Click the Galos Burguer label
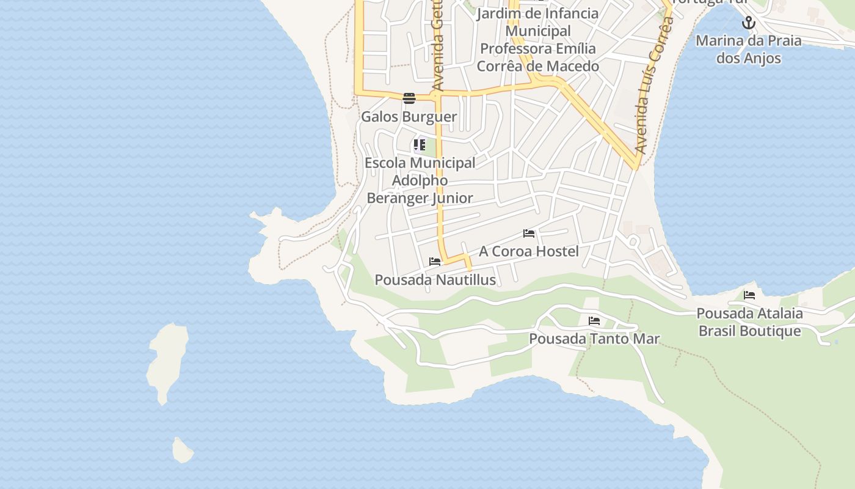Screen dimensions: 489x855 tap(409, 117)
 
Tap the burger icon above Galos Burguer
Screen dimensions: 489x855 tap(409, 98)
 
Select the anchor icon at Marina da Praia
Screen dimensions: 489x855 tap(749, 23)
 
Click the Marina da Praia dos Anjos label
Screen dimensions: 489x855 tap(748, 50)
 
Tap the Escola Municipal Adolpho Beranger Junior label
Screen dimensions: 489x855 tap(420, 180)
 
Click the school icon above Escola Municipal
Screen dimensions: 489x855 tap(419, 145)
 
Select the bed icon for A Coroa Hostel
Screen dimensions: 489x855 tap(529, 233)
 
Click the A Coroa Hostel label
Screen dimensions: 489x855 tap(529, 251)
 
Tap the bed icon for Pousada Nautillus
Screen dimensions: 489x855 tap(435, 262)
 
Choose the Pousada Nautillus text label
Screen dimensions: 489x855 tap(435, 280)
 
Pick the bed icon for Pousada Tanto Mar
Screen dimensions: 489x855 tap(594, 321)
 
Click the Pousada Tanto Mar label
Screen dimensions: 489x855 tap(594, 339)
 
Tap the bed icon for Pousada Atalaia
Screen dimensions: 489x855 tap(749, 295)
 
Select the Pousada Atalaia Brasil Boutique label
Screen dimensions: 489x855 tap(749, 322)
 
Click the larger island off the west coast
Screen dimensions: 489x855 tap(166, 361)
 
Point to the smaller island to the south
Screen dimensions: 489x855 tap(182, 451)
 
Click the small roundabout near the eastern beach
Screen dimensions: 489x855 tap(633, 242)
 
